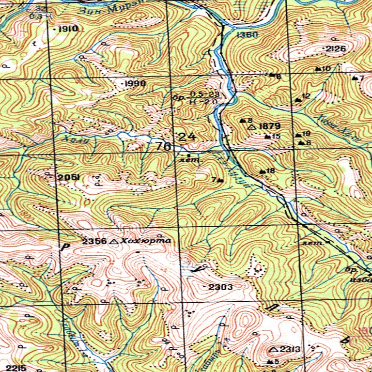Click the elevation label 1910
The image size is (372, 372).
coord(68,30)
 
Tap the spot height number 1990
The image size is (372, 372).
coord(135,84)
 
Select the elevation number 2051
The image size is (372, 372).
coord(68,178)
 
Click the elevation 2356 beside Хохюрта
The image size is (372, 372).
coord(95,241)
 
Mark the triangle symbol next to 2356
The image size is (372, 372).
coord(114,241)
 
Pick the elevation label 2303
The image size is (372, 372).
coord(220,287)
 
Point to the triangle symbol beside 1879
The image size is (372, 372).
coord(251,126)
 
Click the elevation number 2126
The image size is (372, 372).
coord(336,49)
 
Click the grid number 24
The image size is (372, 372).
coord(187,137)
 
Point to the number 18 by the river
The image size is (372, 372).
coord(271,171)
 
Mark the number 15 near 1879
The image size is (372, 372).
coord(276,137)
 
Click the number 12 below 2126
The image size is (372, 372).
coord(306,96)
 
